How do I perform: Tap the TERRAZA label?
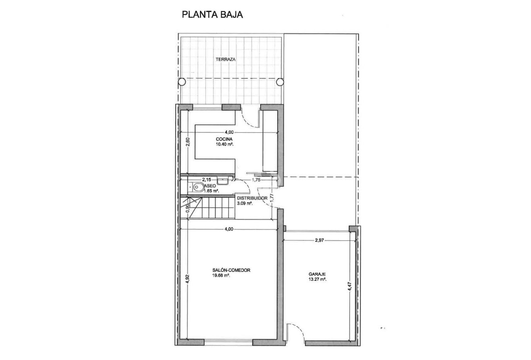click(225, 59)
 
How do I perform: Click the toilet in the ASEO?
click(198, 187)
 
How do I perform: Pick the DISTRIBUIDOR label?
click(252, 198)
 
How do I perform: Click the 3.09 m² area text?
click(245, 204)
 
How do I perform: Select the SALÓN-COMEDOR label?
click(231, 270)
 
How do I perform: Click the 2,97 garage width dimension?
click(320, 240)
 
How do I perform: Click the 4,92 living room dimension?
click(187, 279)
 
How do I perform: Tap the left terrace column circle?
click(182, 81)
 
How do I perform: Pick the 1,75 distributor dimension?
click(256, 180)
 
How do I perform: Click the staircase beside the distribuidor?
click(209, 207)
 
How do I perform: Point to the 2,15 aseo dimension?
click(206, 179)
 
